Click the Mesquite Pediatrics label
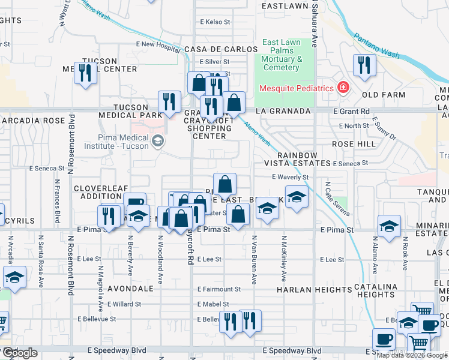click(x=296, y=89)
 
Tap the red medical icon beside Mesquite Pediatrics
click(x=343, y=88)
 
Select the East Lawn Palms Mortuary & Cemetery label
click(x=281, y=55)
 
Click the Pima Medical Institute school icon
click(x=157, y=142)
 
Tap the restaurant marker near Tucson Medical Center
click(x=85, y=73)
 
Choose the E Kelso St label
click(x=215, y=22)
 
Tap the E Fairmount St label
click(x=219, y=289)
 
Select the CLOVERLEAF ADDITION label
click(x=101, y=192)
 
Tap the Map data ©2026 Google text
click(x=411, y=355)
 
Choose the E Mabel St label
click(x=213, y=304)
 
